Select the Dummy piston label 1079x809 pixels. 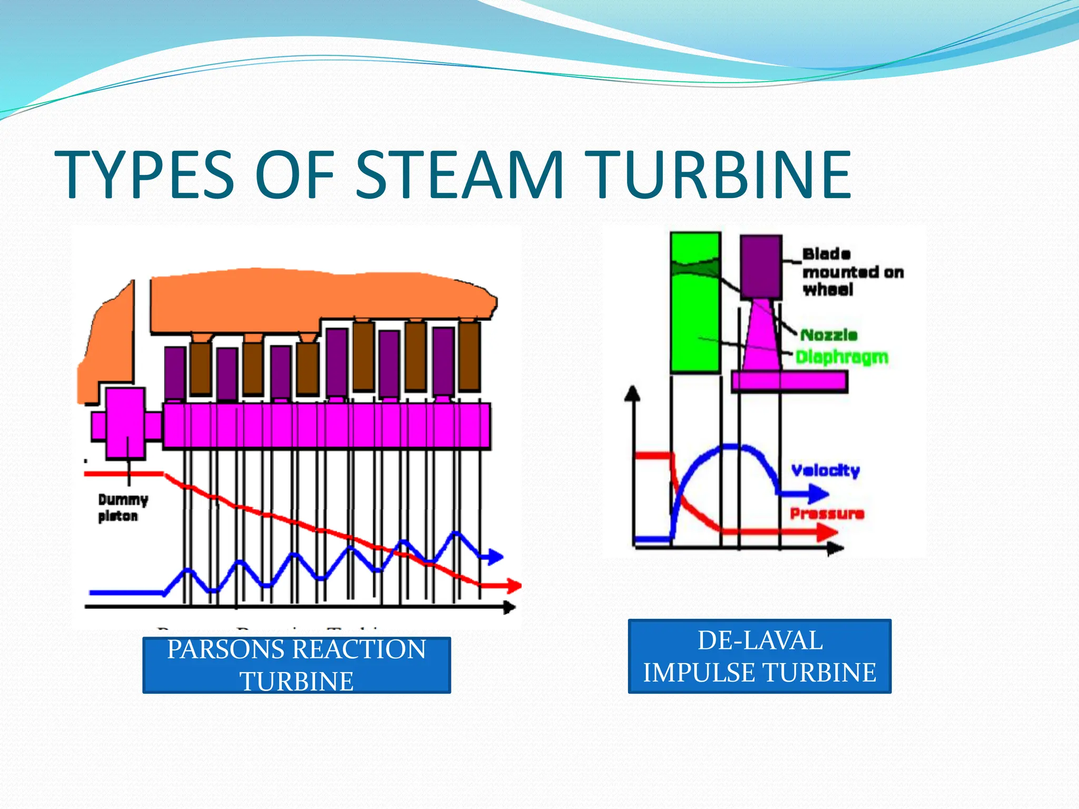pyautogui.click(x=123, y=507)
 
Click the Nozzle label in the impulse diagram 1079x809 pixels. pyautogui.click(x=829, y=335)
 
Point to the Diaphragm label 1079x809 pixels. pyautogui.click(x=841, y=357)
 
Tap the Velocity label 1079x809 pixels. pyautogui.click(x=825, y=470)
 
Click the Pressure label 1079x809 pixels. pyautogui.click(x=827, y=514)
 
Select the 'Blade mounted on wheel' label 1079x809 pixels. pyautogui.click(x=852, y=272)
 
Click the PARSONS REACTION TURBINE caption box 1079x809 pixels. pyautogui.click(x=297, y=665)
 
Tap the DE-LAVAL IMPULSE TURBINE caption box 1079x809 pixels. pyautogui.click(x=759, y=656)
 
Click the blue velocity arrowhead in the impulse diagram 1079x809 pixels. pyautogui.click(x=818, y=494)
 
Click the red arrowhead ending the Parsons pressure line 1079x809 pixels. pyautogui.click(x=514, y=585)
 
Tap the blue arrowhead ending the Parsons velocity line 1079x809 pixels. pyautogui.click(x=495, y=556)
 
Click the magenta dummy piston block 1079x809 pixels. pyautogui.click(x=125, y=423)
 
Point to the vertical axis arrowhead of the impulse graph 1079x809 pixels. pyautogui.click(x=632, y=393)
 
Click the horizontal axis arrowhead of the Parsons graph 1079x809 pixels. pyautogui.click(x=509, y=607)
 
